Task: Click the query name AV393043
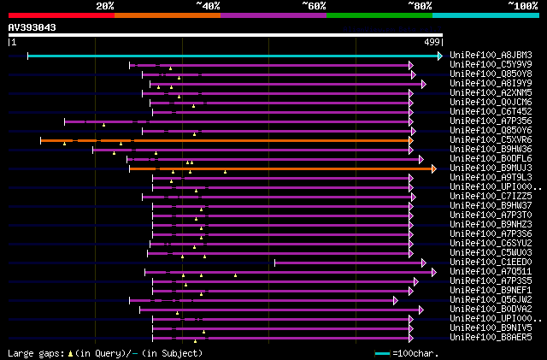coord(32,27)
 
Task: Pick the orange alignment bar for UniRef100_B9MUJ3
coord(282,168)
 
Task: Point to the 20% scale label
coord(105,5)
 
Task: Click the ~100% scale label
coord(523,5)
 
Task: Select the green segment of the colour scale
coord(379,15)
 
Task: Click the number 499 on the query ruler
coord(432,42)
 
